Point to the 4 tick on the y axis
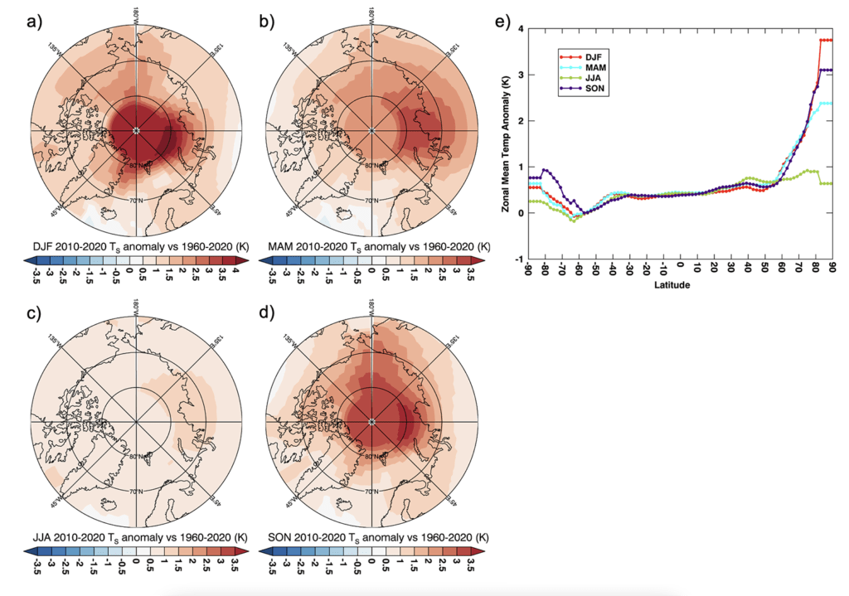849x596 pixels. point(520,29)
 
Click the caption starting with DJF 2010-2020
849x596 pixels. point(132,246)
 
